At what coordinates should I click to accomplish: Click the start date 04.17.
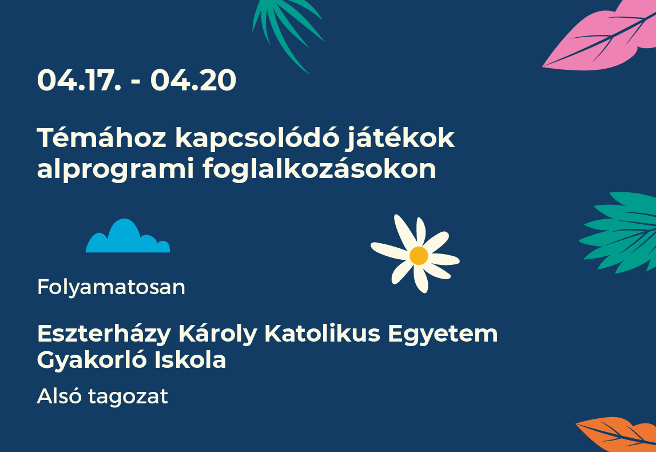79,80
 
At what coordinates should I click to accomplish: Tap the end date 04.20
193,80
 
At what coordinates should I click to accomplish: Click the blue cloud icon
128,236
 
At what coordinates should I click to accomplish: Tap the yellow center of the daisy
419,255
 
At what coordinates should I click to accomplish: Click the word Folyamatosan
111,288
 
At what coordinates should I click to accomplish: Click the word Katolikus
322,334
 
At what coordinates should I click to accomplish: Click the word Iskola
190,360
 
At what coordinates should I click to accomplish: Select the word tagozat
128,397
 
